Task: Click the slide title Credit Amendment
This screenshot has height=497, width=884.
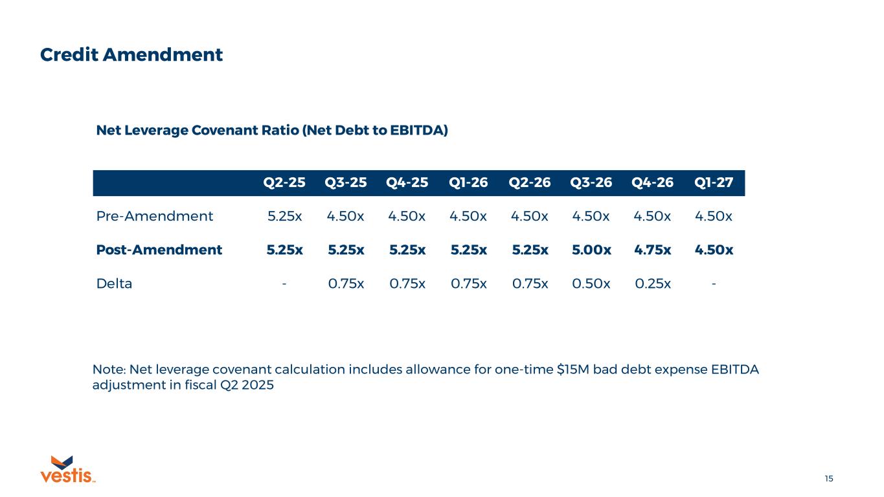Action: coord(131,55)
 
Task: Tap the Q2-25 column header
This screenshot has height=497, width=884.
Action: coord(284,183)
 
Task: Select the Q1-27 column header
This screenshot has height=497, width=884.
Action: coord(714,183)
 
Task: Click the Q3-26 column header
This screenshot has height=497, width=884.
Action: coord(591,183)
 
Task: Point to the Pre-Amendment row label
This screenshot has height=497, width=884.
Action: coord(155,216)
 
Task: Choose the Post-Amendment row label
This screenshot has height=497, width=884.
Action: coord(159,250)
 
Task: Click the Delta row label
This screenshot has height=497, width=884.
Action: coord(114,283)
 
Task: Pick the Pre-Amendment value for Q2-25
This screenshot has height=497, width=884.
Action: coord(284,216)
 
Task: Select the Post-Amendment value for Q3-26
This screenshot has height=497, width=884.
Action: coord(591,250)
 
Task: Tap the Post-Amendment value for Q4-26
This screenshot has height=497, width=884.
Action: coord(652,250)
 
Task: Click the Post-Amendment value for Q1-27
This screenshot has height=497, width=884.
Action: coord(714,250)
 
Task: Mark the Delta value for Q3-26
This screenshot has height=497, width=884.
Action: coord(591,283)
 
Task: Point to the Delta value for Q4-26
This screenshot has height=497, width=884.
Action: coord(652,283)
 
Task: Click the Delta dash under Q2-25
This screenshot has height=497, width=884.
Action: coord(284,283)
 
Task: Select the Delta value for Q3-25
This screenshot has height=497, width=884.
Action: coord(346,283)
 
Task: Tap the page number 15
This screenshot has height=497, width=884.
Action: coord(829,479)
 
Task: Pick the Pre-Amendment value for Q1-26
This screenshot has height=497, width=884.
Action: coord(468,216)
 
